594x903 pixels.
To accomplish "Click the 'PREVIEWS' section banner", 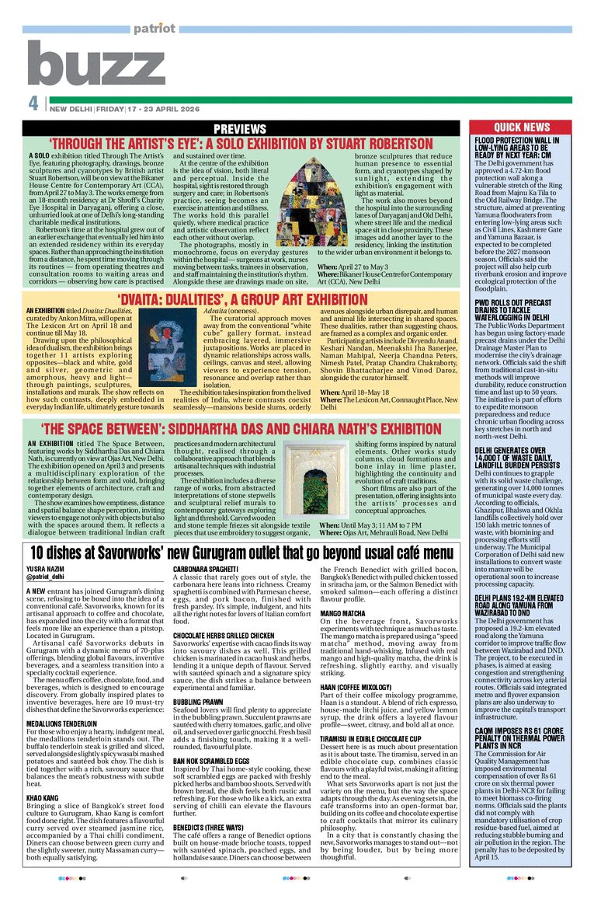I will point(239,128).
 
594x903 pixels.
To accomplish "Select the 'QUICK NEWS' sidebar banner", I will point(522,127).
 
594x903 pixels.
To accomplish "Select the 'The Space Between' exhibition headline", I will point(231,428).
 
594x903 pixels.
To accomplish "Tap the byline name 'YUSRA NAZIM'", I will point(43,569).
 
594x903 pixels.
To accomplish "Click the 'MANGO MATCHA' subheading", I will point(343,614).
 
